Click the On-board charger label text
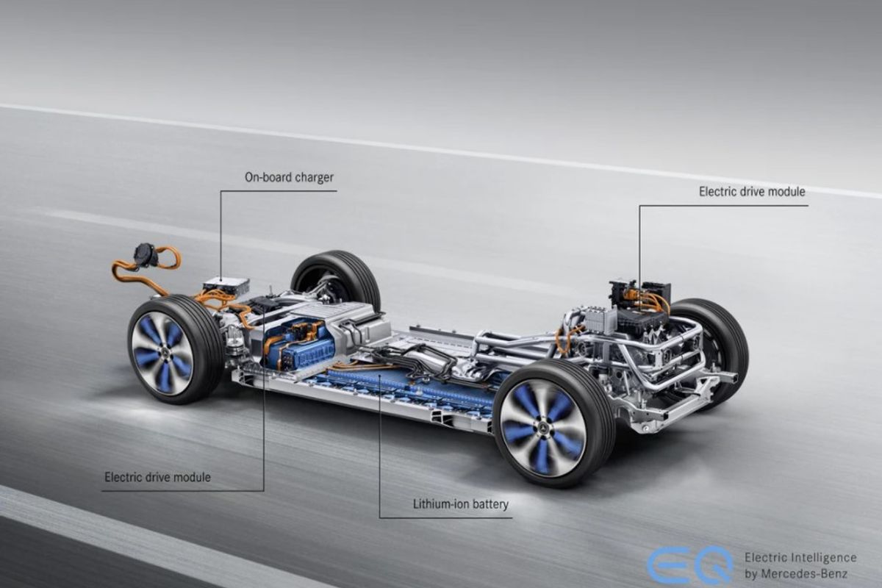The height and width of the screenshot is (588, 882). (289, 178)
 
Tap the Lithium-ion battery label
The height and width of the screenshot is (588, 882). (460, 504)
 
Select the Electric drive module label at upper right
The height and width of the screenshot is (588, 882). (752, 192)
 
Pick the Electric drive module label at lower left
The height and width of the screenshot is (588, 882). (157, 477)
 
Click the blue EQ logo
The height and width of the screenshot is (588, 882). (690, 565)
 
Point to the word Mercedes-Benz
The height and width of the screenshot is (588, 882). (803, 574)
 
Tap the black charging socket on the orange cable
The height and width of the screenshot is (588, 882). (146, 255)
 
